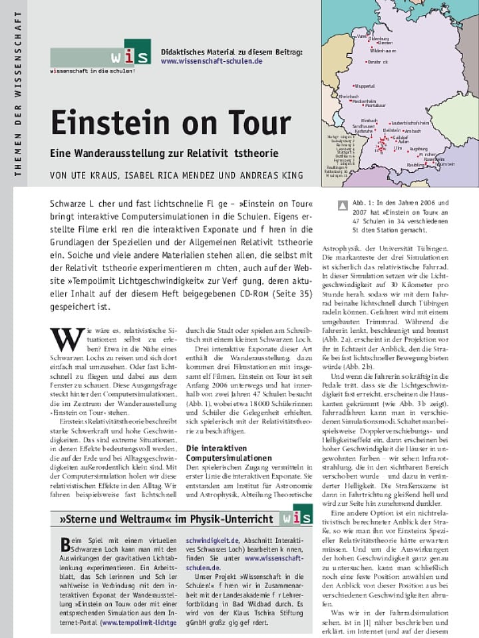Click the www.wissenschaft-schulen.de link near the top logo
(x=211, y=60)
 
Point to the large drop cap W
(x=67, y=339)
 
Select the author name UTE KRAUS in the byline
(x=96, y=175)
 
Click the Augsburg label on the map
(x=418, y=149)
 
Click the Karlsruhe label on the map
(x=363, y=131)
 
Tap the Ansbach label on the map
(x=430, y=131)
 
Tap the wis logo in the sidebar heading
(x=296, y=516)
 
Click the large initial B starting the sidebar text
(x=65, y=545)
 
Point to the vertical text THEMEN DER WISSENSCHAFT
(x=18, y=93)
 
